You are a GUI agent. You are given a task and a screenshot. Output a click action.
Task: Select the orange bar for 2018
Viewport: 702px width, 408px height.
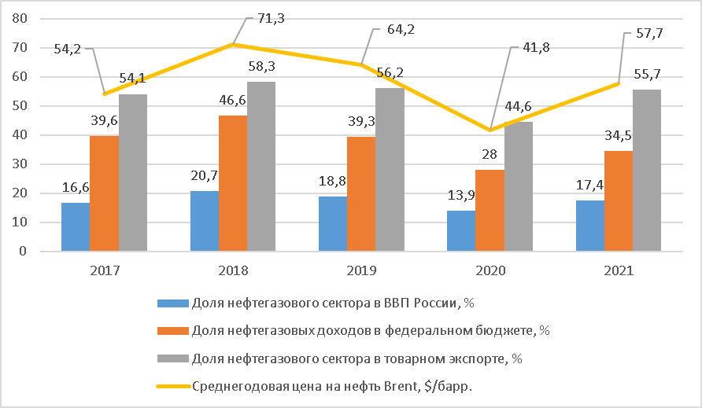(233, 183)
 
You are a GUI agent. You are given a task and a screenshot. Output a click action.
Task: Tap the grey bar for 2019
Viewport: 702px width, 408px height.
(390, 170)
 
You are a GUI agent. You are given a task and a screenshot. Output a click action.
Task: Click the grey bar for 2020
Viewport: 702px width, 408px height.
(519, 186)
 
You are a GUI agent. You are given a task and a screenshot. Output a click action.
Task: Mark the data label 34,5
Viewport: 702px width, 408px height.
(619, 137)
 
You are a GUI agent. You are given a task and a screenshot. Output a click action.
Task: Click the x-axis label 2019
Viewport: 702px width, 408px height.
(362, 270)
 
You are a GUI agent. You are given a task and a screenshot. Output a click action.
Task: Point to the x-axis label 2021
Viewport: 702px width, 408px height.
(619, 270)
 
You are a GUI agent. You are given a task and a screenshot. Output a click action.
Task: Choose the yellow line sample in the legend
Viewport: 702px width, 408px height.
(172, 386)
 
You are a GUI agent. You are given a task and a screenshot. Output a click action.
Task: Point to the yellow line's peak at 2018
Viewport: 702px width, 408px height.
(233, 44)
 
